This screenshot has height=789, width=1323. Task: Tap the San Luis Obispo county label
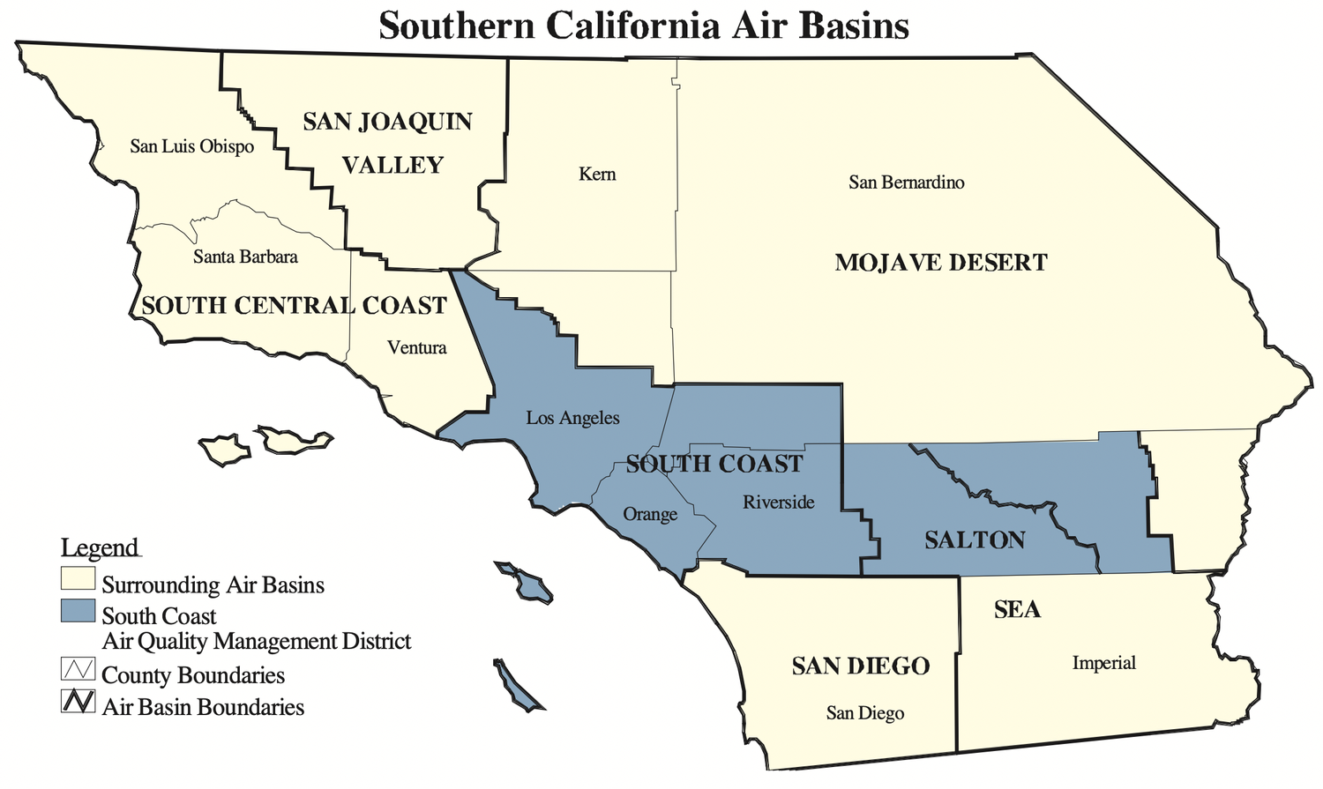[x=191, y=146]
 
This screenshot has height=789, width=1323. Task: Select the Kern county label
[x=597, y=174]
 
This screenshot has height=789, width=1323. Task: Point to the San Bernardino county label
[x=906, y=182]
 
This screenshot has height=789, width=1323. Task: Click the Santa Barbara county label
[x=245, y=257]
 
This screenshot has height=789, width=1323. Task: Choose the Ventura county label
[x=416, y=347]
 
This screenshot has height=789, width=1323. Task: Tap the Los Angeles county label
[x=572, y=418]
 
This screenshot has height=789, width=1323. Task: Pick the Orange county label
[x=650, y=514]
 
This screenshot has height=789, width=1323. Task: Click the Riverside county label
[x=778, y=502]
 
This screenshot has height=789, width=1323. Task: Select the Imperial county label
[x=1103, y=663]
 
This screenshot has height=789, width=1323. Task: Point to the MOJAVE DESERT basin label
[x=940, y=263]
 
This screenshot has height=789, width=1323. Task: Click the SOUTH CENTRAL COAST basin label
[x=295, y=306]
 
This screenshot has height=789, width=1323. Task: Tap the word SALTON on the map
[x=975, y=540]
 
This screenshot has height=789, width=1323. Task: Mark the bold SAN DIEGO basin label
[x=860, y=666]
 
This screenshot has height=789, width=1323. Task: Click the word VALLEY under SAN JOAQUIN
[x=392, y=165]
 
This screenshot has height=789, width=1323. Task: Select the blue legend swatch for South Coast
[x=78, y=610]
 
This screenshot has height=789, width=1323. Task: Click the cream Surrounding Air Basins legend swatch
[x=78, y=579]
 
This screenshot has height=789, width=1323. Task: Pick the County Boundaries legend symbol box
[x=78, y=669]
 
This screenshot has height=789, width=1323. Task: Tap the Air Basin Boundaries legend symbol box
[x=78, y=701]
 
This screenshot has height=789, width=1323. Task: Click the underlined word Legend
[x=100, y=547]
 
